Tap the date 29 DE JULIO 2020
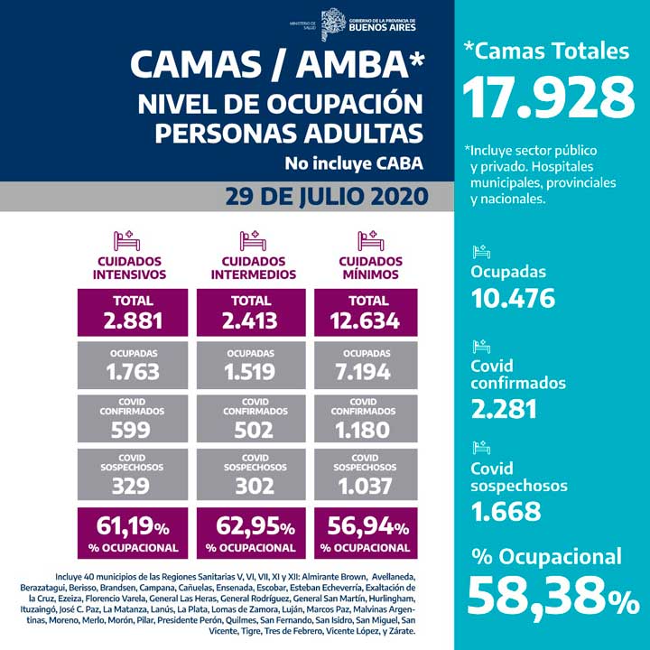point(323,197)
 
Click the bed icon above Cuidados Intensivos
point(125,241)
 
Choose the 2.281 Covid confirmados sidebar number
point(504,409)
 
